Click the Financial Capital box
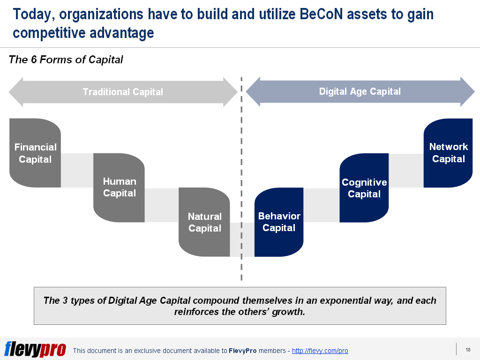point(35,153)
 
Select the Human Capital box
point(119,187)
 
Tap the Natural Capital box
point(204,222)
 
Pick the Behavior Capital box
point(279,222)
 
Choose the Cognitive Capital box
point(364,187)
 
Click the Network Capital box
point(448,153)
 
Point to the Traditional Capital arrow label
point(123,92)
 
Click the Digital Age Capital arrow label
point(360,91)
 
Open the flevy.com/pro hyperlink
point(320,351)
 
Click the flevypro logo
point(35,349)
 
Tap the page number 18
point(468,350)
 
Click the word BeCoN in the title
point(321,14)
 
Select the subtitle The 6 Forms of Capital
point(66,60)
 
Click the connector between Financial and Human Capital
point(77,170)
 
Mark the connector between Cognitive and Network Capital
point(406,170)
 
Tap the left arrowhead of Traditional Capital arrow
point(16,92)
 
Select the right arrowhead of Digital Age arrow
point(467,91)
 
